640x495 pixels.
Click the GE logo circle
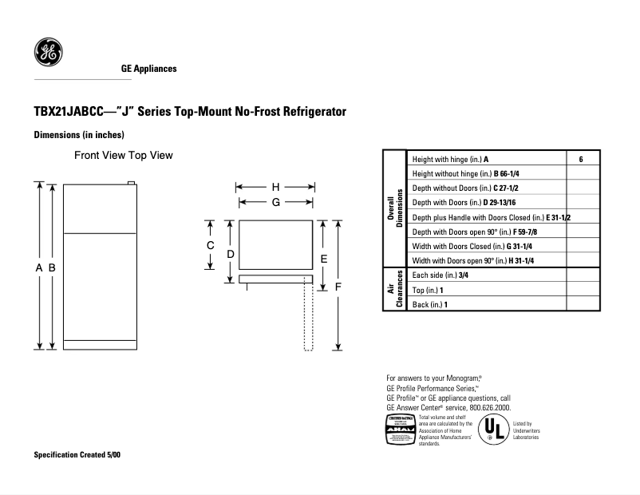[48, 53]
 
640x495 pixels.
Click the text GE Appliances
[148, 69]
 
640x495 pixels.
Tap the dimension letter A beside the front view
[38, 269]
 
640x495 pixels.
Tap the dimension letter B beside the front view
[52, 269]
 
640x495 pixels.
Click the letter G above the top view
[275, 203]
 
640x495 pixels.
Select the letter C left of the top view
[210, 245]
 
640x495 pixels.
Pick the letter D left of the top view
[230, 254]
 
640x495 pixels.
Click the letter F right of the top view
[338, 286]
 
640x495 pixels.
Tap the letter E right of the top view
[323, 259]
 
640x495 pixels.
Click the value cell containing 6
[582, 159]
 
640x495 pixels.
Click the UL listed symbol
[494, 430]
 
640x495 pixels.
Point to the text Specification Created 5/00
[77, 454]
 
